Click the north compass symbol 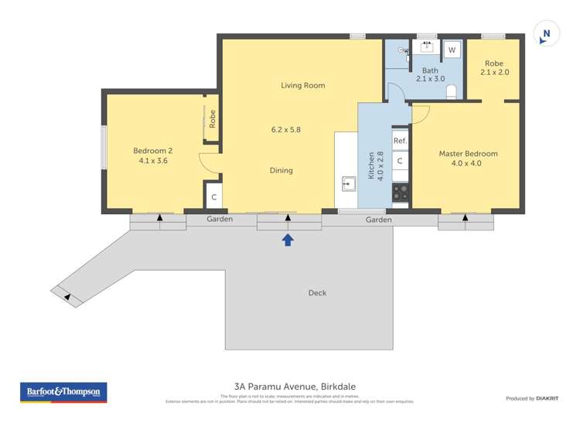coord(547,34)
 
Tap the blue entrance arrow coord(288,240)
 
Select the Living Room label coord(302,85)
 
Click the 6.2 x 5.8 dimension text coord(286,129)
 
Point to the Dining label coord(281,170)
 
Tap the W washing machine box coord(452,50)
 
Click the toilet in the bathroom coord(452,92)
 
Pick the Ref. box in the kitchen coord(400,141)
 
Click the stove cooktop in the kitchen coord(401,192)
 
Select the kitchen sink coord(349,184)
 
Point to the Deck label coord(317,292)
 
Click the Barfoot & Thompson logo coord(63,392)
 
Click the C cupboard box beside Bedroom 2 coord(213,197)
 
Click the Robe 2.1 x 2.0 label coord(494,68)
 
